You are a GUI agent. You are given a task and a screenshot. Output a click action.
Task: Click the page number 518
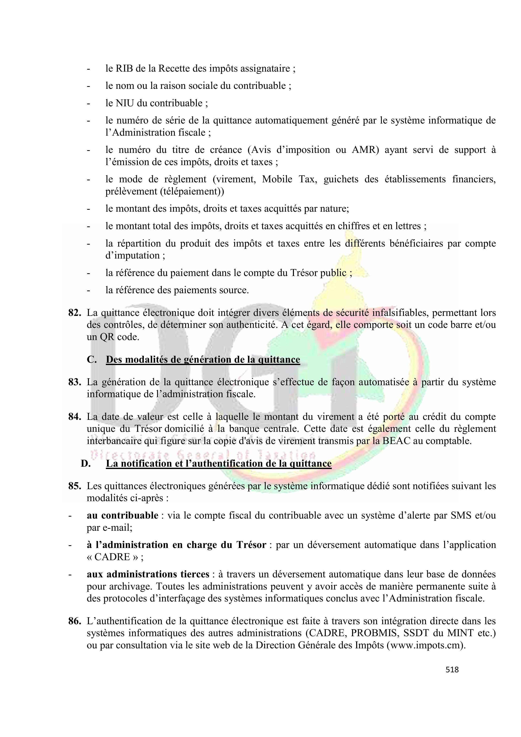[x=452, y=670]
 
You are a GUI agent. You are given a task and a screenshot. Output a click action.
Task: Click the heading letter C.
[x=92, y=360]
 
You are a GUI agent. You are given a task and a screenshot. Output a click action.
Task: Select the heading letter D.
[x=86, y=464]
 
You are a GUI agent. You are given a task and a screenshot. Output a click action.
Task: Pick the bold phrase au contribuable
[x=122, y=515]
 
